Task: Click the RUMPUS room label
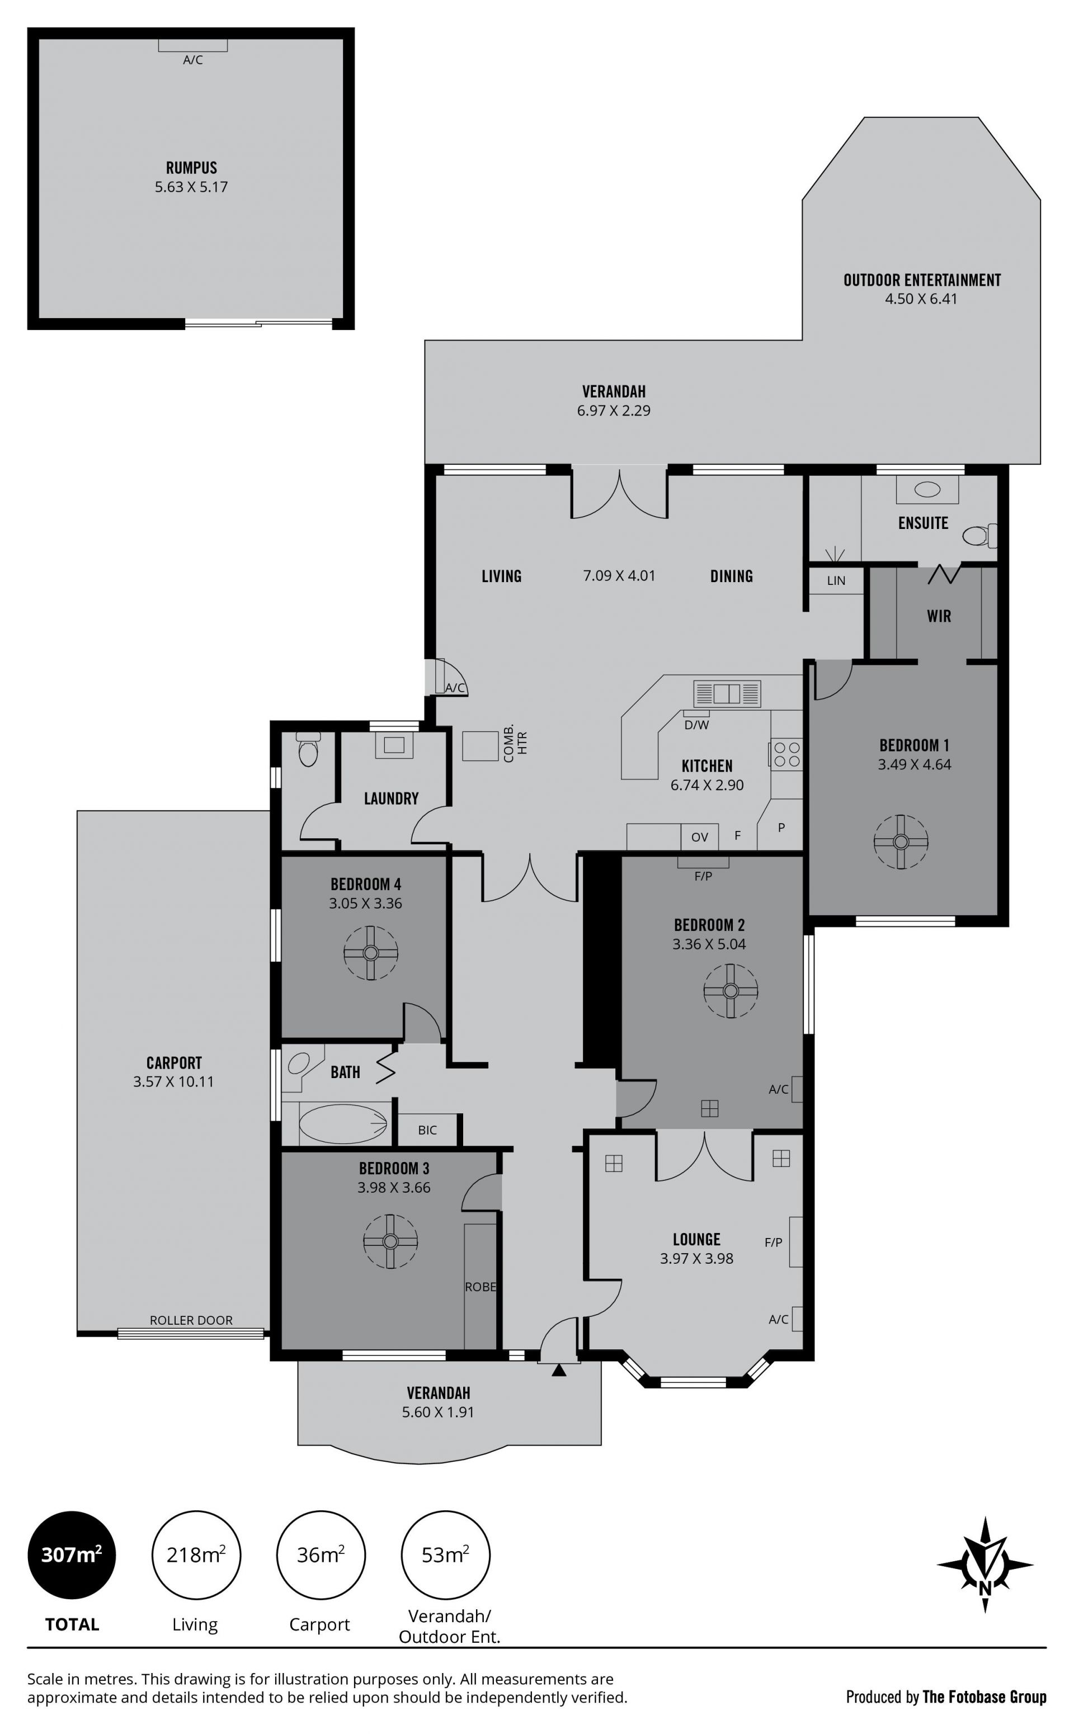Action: click(191, 168)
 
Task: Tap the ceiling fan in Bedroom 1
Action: click(901, 842)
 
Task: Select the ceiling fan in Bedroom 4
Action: click(371, 953)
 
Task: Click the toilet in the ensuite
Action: click(979, 535)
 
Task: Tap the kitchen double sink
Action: click(727, 693)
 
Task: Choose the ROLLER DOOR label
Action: click(191, 1320)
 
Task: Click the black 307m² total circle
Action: click(72, 1555)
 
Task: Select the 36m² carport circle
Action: click(321, 1555)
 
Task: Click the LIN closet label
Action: click(836, 581)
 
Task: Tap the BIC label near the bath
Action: click(427, 1130)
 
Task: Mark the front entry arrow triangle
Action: click(559, 1370)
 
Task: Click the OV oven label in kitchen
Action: click(700, 837)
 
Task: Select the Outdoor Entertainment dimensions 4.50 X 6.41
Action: click(921, 299)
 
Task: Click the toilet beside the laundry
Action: click(308, 750)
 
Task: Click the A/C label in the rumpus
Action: click(193, 60)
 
